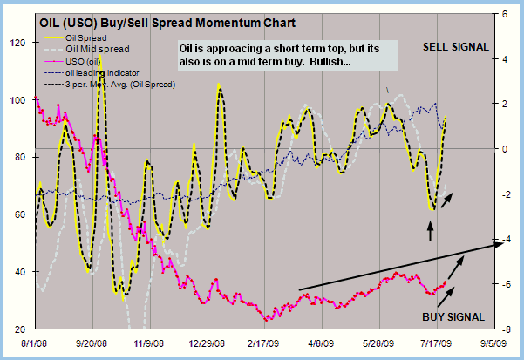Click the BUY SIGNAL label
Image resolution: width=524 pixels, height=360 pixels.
[x=453, y=316]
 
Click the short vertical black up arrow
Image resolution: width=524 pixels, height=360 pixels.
[x=429, y=230]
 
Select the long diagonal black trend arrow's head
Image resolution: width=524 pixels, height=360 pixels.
[x=500, y=243]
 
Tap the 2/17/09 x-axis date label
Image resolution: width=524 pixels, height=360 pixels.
[x=268, y=343]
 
